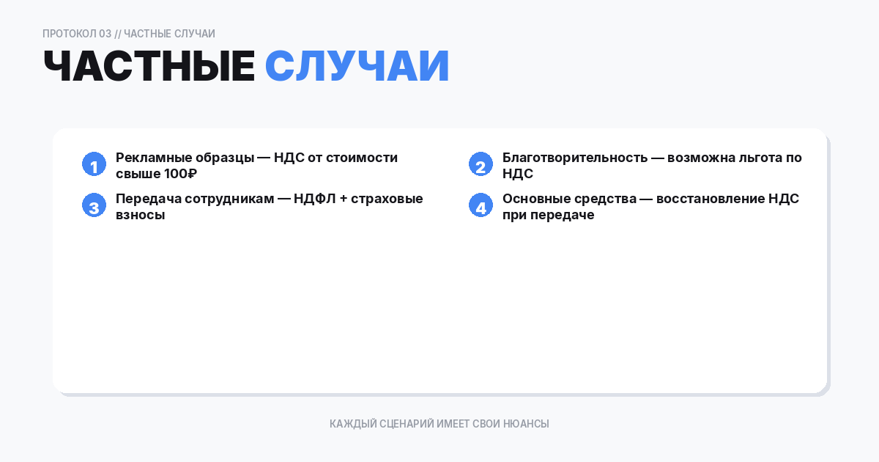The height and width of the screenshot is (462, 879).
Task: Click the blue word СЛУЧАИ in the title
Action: click(357, 67)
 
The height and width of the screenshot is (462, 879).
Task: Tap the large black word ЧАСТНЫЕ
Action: click(149, 67)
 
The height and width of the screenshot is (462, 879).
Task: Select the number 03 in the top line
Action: click(105, 34)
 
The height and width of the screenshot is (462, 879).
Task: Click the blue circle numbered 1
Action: click(94, 165)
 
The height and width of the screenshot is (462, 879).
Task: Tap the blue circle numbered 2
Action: click(481, 165)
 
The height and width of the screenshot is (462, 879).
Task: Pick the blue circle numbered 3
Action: click(94, 206)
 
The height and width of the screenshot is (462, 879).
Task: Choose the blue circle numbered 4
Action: click(481, 206)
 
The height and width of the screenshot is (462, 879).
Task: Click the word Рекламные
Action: click(149, 158)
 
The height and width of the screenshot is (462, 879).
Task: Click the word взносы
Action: click(140, 216)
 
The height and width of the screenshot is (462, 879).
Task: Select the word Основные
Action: click(536, 199)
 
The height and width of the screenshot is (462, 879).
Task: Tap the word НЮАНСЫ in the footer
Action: click(526, 424)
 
